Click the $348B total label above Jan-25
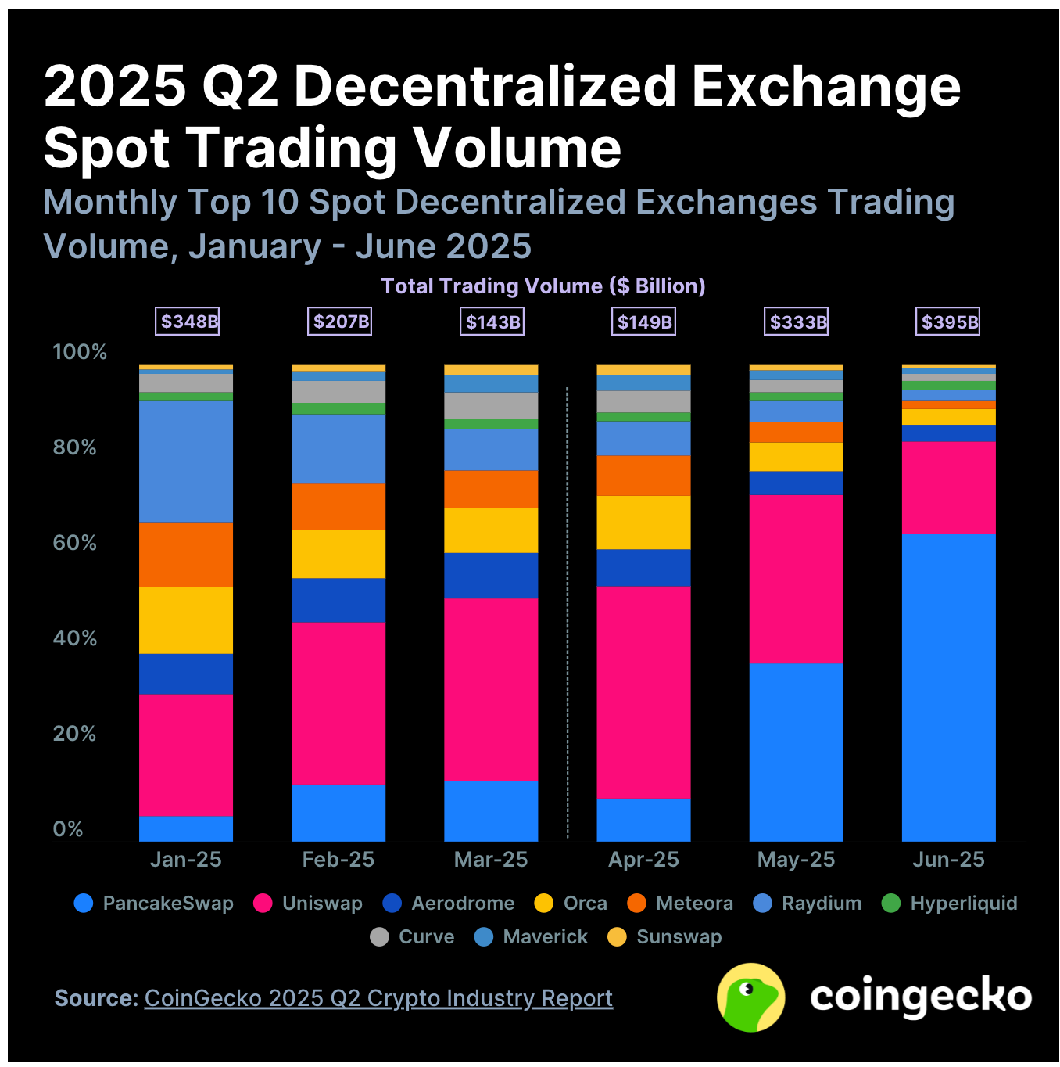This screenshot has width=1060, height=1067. tap(188, 322)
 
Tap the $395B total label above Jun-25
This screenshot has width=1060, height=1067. tap(949, 322)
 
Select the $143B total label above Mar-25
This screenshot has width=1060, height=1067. tap(492, 322)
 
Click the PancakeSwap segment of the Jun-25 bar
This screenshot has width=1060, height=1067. tap(948, 687)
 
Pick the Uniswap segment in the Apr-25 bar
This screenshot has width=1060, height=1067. tap(643, 692)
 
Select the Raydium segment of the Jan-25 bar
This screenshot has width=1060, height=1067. tap(186, 461)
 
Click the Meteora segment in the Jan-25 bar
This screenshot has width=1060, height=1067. tap(186, 554)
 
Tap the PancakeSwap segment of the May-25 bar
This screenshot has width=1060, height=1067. tap(796, 752)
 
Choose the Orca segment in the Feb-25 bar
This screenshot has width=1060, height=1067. tap(338, 554)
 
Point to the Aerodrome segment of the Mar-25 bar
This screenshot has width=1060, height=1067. tap(491, 576)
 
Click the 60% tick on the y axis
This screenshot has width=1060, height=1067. tap(74, 543)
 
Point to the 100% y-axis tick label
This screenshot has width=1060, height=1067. tap(79, 352)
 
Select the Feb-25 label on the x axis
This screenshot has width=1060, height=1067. tap(338, 860)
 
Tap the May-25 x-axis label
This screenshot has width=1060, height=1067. tap(796, 860)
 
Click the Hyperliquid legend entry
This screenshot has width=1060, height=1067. tap(950, 904)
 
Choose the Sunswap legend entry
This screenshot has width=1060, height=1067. tap(665, 937)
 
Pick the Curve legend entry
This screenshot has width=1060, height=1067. tap(413, 937)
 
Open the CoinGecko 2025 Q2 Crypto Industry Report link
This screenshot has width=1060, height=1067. tap(378, 998)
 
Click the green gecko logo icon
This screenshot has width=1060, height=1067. tap(750, 997)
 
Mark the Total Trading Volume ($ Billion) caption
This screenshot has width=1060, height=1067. tap(543, 286)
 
